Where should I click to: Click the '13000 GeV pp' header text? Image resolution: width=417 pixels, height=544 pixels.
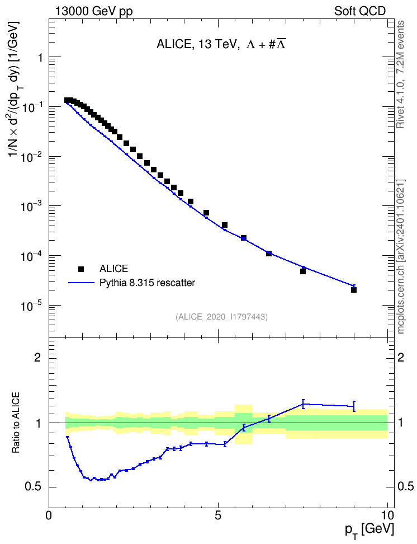pyautogui.click(x=93, y=11)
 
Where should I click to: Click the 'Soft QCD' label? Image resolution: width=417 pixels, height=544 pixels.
pyautogui.click(x=360, y=11)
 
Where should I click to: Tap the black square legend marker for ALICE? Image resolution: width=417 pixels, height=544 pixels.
pyautogui.click(x=81, y=269)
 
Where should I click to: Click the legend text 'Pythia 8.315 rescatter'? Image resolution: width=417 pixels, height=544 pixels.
pyautogui.click(x=148, y=283)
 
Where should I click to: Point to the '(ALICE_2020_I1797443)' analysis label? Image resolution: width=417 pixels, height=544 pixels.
pyautogui.click(x=221, y=317)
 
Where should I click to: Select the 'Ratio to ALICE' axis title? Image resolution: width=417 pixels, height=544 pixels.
pyautogui.click(x=16, y=423)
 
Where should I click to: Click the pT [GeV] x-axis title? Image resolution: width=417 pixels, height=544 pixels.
pyautogui.click(x=369, y=529)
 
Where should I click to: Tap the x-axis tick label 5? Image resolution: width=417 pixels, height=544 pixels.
pyautogui.click(x=218, y=515)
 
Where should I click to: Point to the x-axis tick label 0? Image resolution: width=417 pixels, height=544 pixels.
pyautogui.click(x=49, y=515)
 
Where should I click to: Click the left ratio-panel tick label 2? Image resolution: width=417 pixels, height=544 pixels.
pyautogui.click(x=37, y=358)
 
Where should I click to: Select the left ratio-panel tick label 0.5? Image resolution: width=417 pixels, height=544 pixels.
pyautogui.click(x=34, y=487)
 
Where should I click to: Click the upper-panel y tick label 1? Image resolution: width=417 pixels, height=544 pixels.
pyautogui.click(x=40, y=57)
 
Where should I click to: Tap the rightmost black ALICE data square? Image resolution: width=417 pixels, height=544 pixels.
pyautogui.click(x=354, y=290)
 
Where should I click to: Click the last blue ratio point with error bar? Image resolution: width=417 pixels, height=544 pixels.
pyautogui.click(x=354, y=406)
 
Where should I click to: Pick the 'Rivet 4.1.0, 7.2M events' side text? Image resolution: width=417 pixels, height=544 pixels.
pyautogui.click(x=400, y=74)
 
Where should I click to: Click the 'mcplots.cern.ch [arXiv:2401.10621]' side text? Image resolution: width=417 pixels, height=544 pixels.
pyautogui.click(x=401, y=256)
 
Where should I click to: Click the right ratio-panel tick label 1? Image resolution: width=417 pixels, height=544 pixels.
pyautogui.click(x=401, y=423)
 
